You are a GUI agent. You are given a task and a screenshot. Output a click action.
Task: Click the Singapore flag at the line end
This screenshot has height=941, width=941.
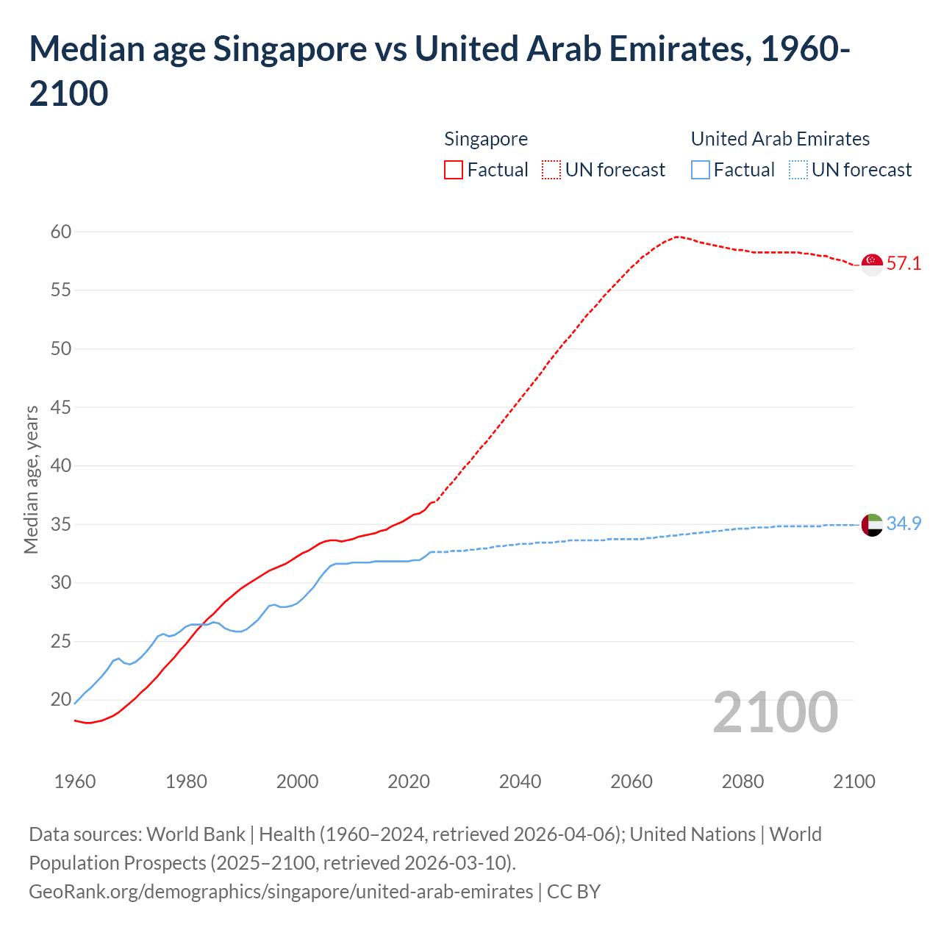tap(872, 264)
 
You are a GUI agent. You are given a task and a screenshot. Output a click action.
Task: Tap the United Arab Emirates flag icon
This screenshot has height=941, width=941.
tap(872, 525)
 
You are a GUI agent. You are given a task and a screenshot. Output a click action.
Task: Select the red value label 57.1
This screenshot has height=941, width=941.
tap(904, 264)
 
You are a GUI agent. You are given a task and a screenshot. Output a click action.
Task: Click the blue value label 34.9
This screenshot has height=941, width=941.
tap(904, 523)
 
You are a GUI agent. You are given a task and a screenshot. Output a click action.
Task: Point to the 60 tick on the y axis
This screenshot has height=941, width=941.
tap(61, 232)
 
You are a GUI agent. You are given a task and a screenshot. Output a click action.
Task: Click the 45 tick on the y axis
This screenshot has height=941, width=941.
tap(61, 407)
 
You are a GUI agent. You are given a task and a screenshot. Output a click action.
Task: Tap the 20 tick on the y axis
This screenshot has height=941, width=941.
tap(61, 700)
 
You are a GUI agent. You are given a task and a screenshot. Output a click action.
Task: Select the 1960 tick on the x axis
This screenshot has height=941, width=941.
tap(75, 781)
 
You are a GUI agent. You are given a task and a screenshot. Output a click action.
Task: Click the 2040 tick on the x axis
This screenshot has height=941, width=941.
tap(520, 781)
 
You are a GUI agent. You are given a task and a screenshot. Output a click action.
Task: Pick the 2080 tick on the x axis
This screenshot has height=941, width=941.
tap(743, 781)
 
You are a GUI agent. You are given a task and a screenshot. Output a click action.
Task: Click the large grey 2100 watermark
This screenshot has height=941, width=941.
tap(775, 712)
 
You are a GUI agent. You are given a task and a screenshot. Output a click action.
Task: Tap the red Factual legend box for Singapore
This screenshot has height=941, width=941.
tap(454, 171)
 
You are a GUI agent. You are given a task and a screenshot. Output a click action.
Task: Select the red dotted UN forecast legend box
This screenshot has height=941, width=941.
tap(551, 171)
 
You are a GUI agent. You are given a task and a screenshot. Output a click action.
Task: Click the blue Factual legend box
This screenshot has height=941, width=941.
tap(701, 171)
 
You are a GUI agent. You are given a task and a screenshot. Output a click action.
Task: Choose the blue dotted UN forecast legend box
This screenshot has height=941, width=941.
tap(798, 171)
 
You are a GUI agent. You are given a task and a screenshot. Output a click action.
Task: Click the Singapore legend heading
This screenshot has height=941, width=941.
tap(486, 140)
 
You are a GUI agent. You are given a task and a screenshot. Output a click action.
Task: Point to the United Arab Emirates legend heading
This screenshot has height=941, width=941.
tap(780, 140)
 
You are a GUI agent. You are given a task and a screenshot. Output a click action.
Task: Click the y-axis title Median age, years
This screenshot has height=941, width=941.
tap(32, 479)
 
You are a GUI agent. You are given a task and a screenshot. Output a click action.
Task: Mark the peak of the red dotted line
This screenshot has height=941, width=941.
tap(677, 237)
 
